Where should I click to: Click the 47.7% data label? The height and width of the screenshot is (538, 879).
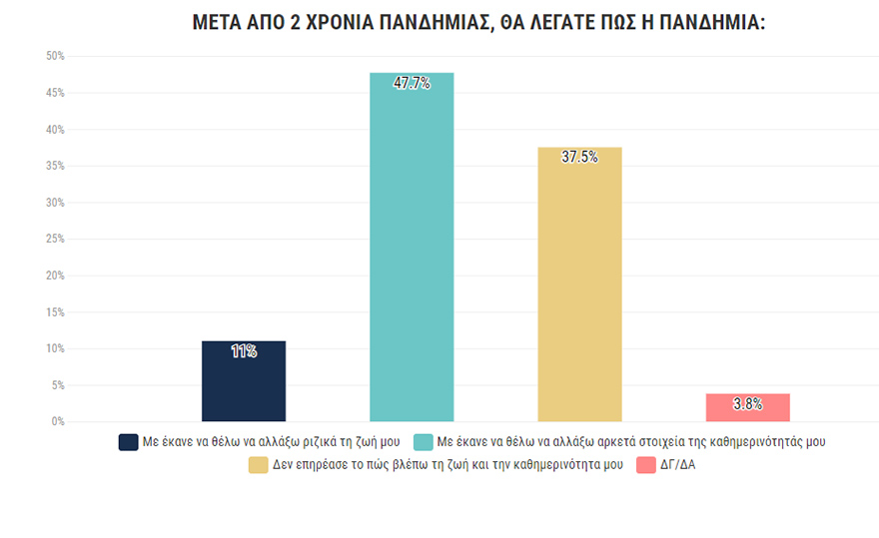(412, 84)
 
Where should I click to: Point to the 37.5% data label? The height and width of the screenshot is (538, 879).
(580, 157)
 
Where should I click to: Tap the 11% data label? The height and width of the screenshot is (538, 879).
(244, 351)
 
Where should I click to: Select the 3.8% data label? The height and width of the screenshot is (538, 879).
(747, 404)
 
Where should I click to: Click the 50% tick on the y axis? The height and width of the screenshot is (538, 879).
(55, 56)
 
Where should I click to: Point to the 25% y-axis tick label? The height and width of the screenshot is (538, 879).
(55, 239)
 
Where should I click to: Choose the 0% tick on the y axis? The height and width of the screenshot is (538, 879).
(58, 421)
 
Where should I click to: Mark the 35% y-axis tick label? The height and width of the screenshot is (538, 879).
(55, 166)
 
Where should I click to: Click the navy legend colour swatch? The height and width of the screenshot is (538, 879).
(128, 441)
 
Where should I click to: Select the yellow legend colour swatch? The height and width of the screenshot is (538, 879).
(259, 465)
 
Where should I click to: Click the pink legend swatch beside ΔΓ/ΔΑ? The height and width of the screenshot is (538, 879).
(645, 465)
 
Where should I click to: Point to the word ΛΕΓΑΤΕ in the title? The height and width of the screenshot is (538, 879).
(565, 22)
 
